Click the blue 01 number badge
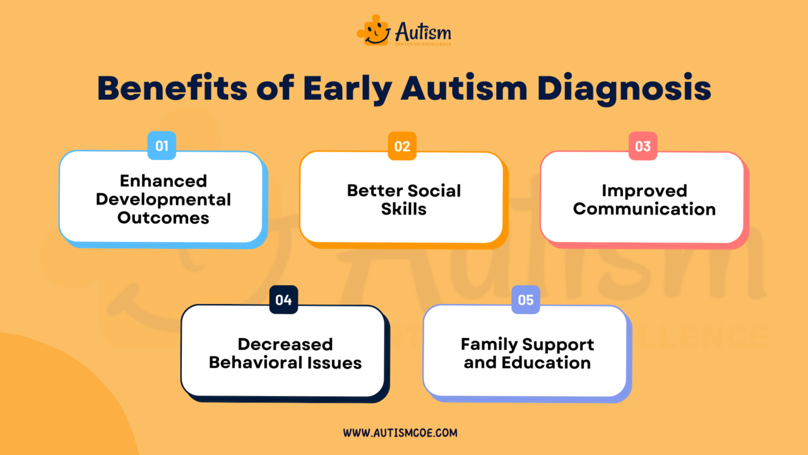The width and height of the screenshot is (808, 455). coord(162,146)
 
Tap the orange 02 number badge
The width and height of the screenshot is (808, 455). coord(402,146)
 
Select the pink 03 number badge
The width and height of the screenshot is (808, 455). coord(643,146)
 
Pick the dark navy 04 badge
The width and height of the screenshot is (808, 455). coord(283,300)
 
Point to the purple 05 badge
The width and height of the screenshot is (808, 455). coord(526,300)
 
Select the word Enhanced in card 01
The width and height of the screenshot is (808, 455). coord(163,181)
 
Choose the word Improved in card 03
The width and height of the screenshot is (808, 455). coord(644,190)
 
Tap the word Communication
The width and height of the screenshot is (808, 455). coord(644,209)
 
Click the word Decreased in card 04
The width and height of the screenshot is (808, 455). coord(285,344)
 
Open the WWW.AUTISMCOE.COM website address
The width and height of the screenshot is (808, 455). coord(400,433)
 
